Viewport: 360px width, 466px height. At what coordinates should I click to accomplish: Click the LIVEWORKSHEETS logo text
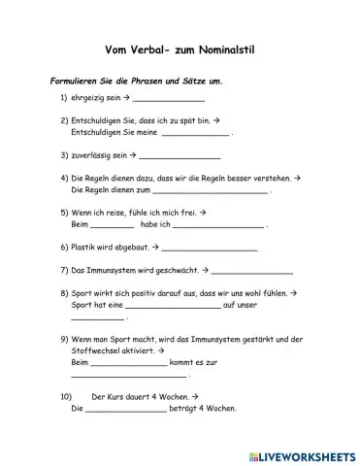click(308, 453)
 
